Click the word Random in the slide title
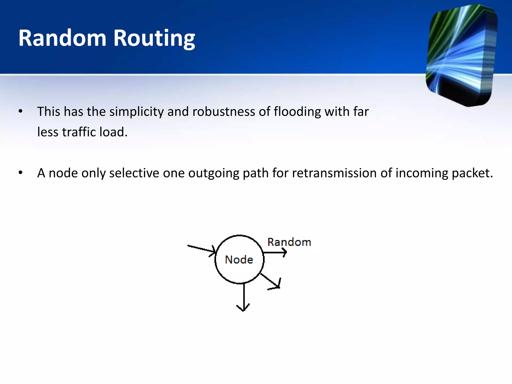(x=62, y=38)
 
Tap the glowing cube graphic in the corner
(x=461, y=55)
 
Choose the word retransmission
(x=334, y=173)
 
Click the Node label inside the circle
(x=239, y=259)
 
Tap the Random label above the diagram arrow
(x=289, y=242)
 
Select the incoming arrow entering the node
(x=201, y=249)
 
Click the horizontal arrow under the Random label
(x=275, y=252)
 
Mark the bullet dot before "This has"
(x=21, y=111)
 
